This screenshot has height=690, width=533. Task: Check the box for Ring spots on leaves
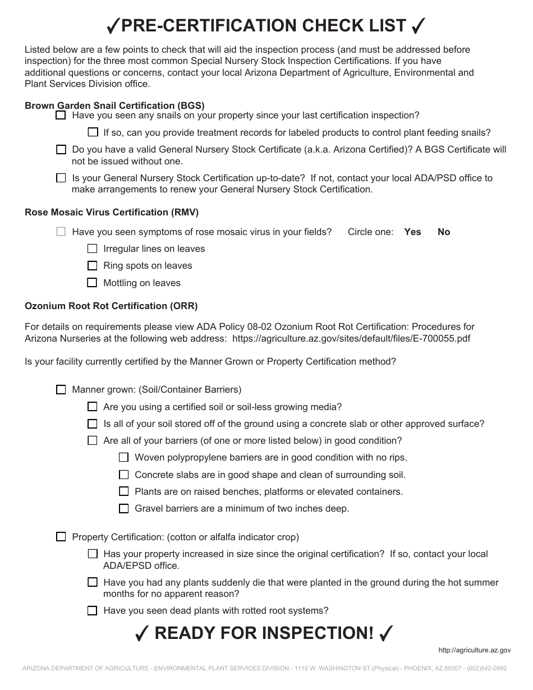point(93,265)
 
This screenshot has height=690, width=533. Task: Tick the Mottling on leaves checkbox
point(93,283)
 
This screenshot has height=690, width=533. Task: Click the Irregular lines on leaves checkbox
point(93,249)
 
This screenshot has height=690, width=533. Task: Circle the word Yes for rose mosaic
point(412,232)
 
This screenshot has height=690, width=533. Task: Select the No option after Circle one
point(444,232)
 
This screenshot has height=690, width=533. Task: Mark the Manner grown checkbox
point(61,390)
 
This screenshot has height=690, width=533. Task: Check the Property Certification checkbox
point(61,537)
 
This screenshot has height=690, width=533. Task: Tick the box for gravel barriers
point(124,509)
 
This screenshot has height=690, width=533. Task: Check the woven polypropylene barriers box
point(124,458)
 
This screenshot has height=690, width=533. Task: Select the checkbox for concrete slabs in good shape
point(124,475)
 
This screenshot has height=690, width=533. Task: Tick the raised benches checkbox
point(124,491)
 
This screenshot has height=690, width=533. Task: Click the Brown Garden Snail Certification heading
point(114,105)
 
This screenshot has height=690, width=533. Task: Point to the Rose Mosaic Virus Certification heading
point(112,212)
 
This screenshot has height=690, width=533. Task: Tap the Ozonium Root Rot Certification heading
point(111,306)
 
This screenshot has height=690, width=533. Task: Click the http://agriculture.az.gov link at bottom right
point(474,650)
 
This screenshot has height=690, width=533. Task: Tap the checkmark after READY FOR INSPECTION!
point(385,633)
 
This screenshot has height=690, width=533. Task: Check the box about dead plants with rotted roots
point(93,611)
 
